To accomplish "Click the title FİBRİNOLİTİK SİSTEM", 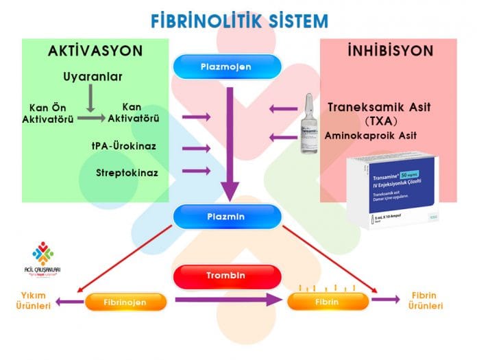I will [239, 20].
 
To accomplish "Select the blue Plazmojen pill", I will [227, 67].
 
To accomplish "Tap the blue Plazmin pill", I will [227, 216].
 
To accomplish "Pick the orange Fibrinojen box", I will [126, 300].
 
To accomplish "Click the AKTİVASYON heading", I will [95, 51].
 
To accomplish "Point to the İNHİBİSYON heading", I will [389, 51].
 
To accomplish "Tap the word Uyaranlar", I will [93, 76].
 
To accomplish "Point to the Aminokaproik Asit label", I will [370, 136].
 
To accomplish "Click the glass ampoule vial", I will [308, 123].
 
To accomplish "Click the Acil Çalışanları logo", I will [42, 259].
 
